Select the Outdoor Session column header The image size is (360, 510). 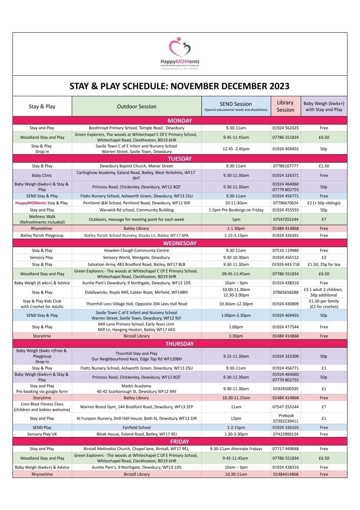(137, 106)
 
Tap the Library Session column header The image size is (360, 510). (285, 106)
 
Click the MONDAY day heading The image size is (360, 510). (180, 120)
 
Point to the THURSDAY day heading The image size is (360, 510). (179, 344)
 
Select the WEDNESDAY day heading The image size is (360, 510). (179, 243)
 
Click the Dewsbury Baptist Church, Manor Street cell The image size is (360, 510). (136, 166)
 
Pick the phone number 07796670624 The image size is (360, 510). (286, 203)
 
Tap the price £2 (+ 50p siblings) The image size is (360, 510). (324, 203)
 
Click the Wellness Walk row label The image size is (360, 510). (42, 219)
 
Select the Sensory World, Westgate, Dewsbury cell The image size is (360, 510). (136, 258)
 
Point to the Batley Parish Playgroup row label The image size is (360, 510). (42, 235)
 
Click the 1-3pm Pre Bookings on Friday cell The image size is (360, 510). (236, 210)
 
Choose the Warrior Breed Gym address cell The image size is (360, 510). (136, 407)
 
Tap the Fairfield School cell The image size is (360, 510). (136, 427)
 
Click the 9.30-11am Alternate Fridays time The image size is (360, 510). (236, 449)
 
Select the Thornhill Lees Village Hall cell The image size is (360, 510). (136, 304)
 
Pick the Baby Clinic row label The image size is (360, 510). (42, 176)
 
